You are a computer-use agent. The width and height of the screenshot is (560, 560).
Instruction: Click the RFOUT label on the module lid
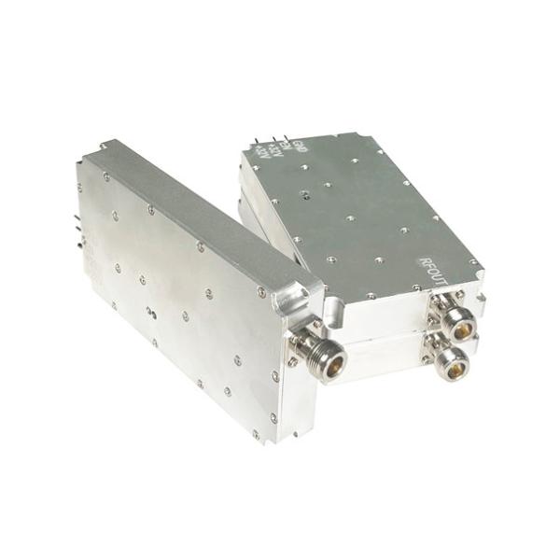(435, 272)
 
